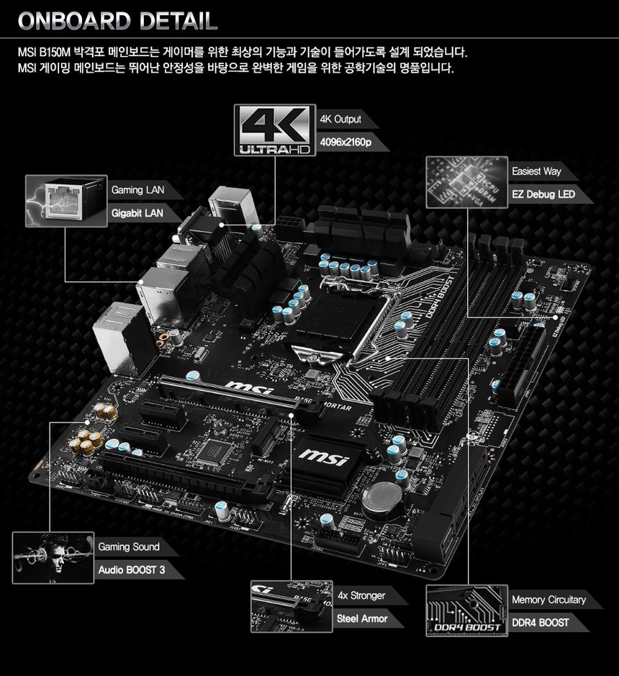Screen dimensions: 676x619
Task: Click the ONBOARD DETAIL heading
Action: (x=118, y=21)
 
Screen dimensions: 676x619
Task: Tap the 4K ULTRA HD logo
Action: (x=275, y=130)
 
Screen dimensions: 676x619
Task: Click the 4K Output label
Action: (x=341, y=119)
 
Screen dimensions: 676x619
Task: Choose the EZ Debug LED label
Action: (x=544, y=194)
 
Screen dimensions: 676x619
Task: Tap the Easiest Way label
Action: (x=537, y=171)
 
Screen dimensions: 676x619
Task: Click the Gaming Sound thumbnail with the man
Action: (x=53, y=557)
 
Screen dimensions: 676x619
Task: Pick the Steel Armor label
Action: (x=363, y=618)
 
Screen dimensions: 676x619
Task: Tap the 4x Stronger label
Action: (x=362, y=595)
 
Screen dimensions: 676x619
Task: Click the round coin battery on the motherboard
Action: (x=381, y=497)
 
